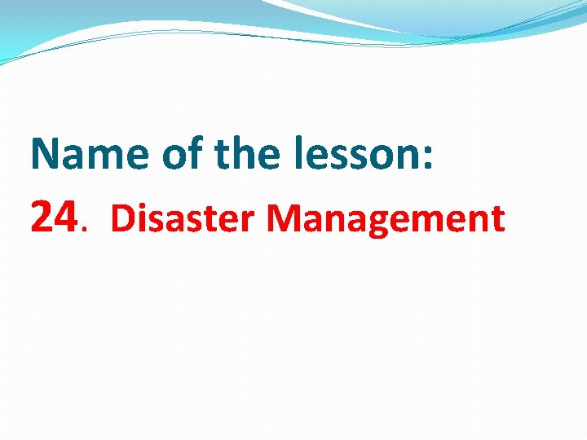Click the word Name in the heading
point(90,154)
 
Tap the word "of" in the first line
point(183,154)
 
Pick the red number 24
point(55,217)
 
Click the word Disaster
point(183,218)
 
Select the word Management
point(385,218)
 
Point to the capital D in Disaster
point(120,218)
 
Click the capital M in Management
point(281,218)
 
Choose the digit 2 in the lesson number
point(42,217)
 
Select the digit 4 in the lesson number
point(67,217)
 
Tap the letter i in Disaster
point(138,218)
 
